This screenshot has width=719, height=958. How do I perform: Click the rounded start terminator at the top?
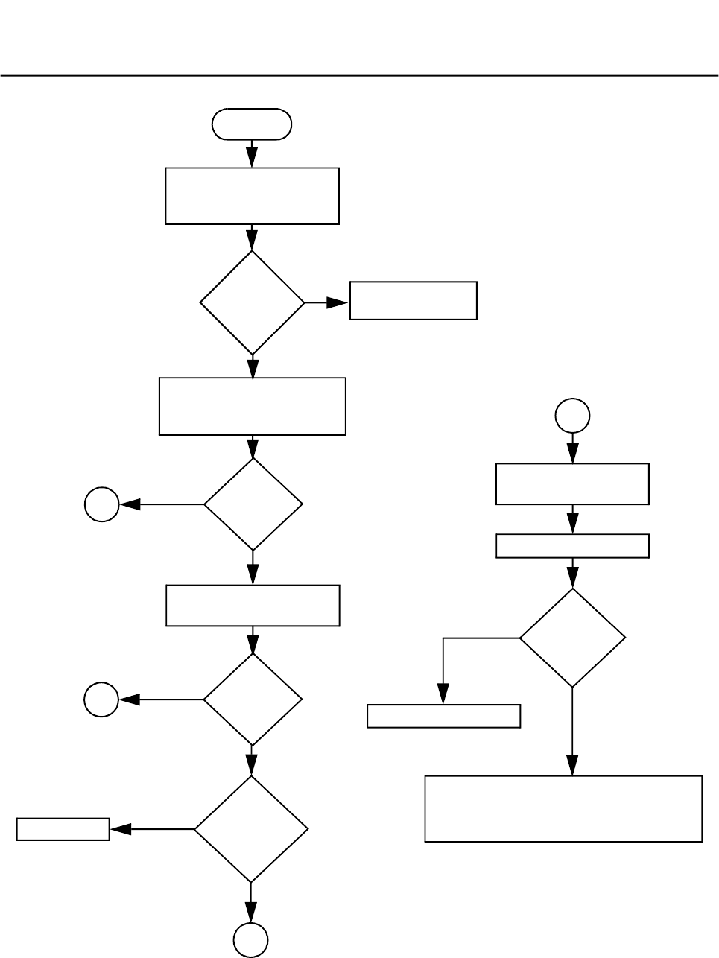[252, 124]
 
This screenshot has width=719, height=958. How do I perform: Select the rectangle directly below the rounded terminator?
[252, 196]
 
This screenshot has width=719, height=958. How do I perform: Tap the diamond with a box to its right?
[253, 302]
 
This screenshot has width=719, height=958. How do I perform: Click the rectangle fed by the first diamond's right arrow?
[413, 301]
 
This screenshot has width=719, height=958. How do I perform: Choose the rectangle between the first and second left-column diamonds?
[253, 406]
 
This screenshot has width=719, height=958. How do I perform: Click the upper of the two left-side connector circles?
[101, 504]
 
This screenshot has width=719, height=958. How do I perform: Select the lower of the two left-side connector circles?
[101, 700]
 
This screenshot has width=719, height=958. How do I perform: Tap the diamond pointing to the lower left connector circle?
[253, 700]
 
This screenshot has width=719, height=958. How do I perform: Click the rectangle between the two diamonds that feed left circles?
[253, 606]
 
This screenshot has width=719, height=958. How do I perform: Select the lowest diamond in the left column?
[251, 829]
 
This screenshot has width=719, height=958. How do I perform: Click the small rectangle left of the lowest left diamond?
[63, 829]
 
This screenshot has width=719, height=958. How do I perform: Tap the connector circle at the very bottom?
[251, 940]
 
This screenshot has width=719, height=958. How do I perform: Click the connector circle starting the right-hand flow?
[572, 416]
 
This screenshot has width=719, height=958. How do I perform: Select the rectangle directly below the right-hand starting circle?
[572, 484]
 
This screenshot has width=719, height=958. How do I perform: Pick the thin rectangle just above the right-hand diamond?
[572, 546]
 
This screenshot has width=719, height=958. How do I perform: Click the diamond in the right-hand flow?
[572, 638]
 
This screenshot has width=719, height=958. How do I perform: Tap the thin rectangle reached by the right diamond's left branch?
[444, 716]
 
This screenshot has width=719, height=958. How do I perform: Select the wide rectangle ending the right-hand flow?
[563, 809]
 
